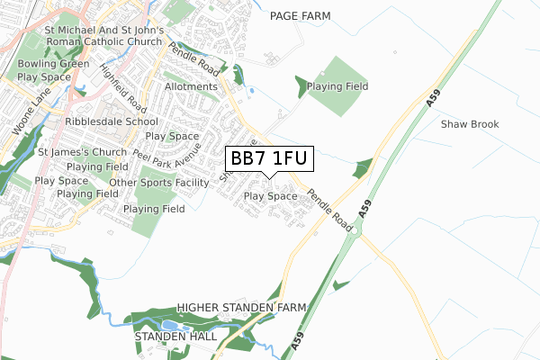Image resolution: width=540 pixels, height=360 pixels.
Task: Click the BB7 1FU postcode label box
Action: click(270, 159)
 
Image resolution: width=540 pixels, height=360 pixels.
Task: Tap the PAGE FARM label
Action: click(300, 16)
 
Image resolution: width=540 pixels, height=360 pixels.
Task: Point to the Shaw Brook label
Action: click(469, 124)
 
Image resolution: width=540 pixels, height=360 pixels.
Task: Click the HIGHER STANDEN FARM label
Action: click(241, 308)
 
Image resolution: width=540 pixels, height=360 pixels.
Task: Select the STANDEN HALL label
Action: click(175, 336)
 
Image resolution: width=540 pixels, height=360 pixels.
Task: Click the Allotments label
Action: click(191, 87)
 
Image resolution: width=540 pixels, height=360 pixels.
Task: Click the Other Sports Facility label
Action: click(158, 183)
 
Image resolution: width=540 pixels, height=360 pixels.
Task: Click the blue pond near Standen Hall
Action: click(168, 325)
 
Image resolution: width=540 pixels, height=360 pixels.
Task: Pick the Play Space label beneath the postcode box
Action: click(270, 196)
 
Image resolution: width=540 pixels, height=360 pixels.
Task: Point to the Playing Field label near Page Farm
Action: click(337, 87)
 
